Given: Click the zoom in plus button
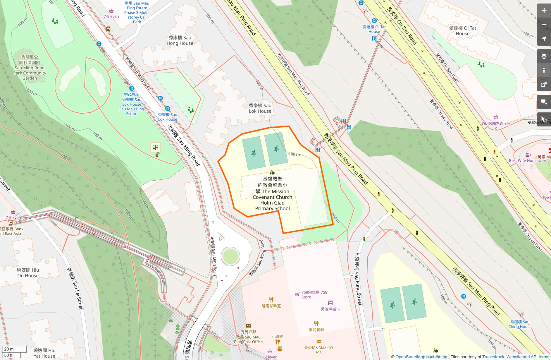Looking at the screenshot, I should pyautogui.click(x=544, y=11).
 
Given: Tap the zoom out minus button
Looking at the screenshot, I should pyautogui.click(x=544, y=25).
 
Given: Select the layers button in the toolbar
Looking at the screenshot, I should pyautogui.click(x=544, y=56).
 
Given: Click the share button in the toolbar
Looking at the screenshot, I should pyautogui.click(x=544, y=85).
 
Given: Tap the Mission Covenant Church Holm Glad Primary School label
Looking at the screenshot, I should pyautogui.click(x=272, y=193).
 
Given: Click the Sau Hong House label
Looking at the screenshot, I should pyautogui.click(x=180, y=40).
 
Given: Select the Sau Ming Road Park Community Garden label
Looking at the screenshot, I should pyautogui.click(x=30, y=68).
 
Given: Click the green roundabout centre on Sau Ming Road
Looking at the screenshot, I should pyautogui.click(x=230, y=257).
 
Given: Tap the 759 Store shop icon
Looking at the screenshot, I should pyautogui.click(x=297, y=294).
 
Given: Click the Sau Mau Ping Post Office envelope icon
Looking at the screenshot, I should pyautogui.click(x=248, y=325).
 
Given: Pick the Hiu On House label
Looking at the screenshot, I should pyautogui.click(x=28, y=272).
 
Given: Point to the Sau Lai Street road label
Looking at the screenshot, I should pyautogui.click(x=75, y=288).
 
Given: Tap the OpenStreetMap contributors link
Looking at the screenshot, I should pyautogui.click(x=422, y=357).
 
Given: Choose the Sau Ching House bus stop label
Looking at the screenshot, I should pyautogui.click(x=519, y=324).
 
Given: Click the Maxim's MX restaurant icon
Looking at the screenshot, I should pyautogui.click(x=319, y=341).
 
